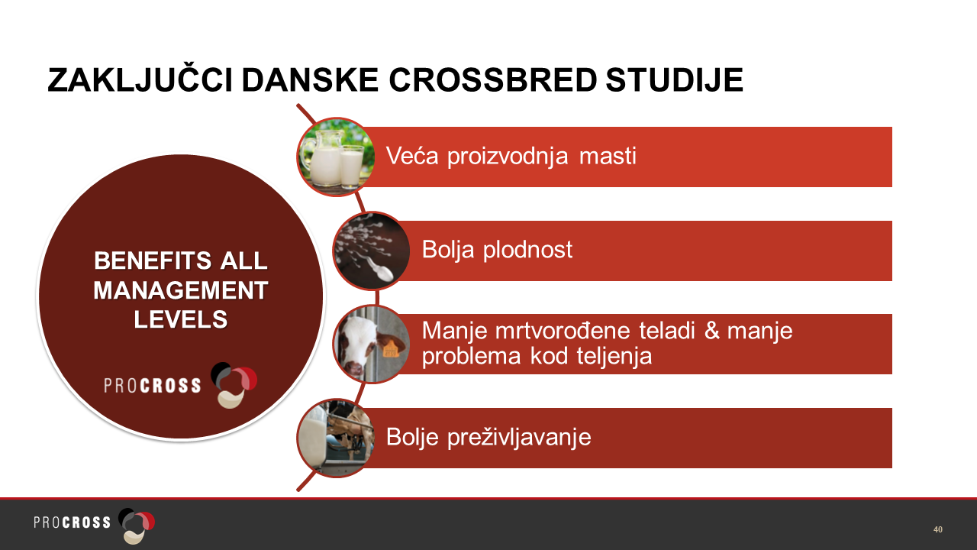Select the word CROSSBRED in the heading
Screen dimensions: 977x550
(492, 80)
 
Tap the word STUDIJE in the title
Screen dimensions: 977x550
(674, 80)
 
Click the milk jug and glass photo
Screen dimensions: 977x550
(335, 157)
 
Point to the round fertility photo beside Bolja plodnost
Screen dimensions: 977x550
(372, 251)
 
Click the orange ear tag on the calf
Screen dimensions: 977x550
(390, 350)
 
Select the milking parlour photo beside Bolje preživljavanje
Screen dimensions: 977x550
(335, 438)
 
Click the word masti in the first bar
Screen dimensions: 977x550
(608, 156)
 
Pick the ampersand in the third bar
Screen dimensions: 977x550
(712, 331)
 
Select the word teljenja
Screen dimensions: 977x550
(614, 356)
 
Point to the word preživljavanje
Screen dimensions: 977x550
(519, 438)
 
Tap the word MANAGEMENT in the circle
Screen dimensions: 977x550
(181, 291)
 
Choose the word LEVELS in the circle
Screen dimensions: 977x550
(181, 319)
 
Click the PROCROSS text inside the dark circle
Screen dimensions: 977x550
(153, 386)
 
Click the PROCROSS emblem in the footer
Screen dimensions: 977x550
(137, 525)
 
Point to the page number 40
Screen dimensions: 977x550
(938, 529)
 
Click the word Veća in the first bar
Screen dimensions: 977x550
(412, 156)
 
